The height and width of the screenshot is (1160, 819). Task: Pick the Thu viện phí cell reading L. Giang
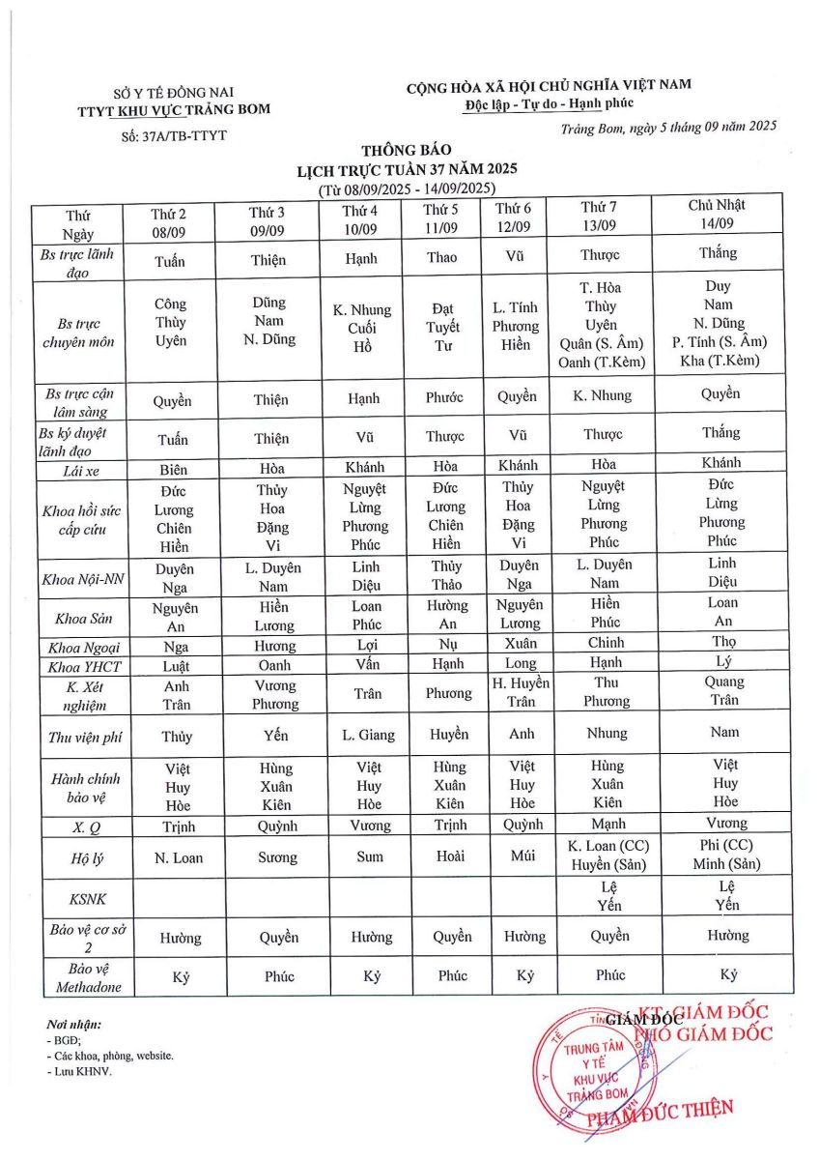pyautogui.click(x=368, y=735)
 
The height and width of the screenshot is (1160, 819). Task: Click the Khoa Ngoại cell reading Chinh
pyautogui.click(x=606, y=643)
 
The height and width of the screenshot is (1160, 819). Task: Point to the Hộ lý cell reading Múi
pyautogui.click(x=522, y=855)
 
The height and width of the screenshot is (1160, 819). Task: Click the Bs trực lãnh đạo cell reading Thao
pyautogui.click(x=441, y=257)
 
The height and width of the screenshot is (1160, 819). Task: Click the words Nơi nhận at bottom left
pyautogui.click(x=73, y=1024)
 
